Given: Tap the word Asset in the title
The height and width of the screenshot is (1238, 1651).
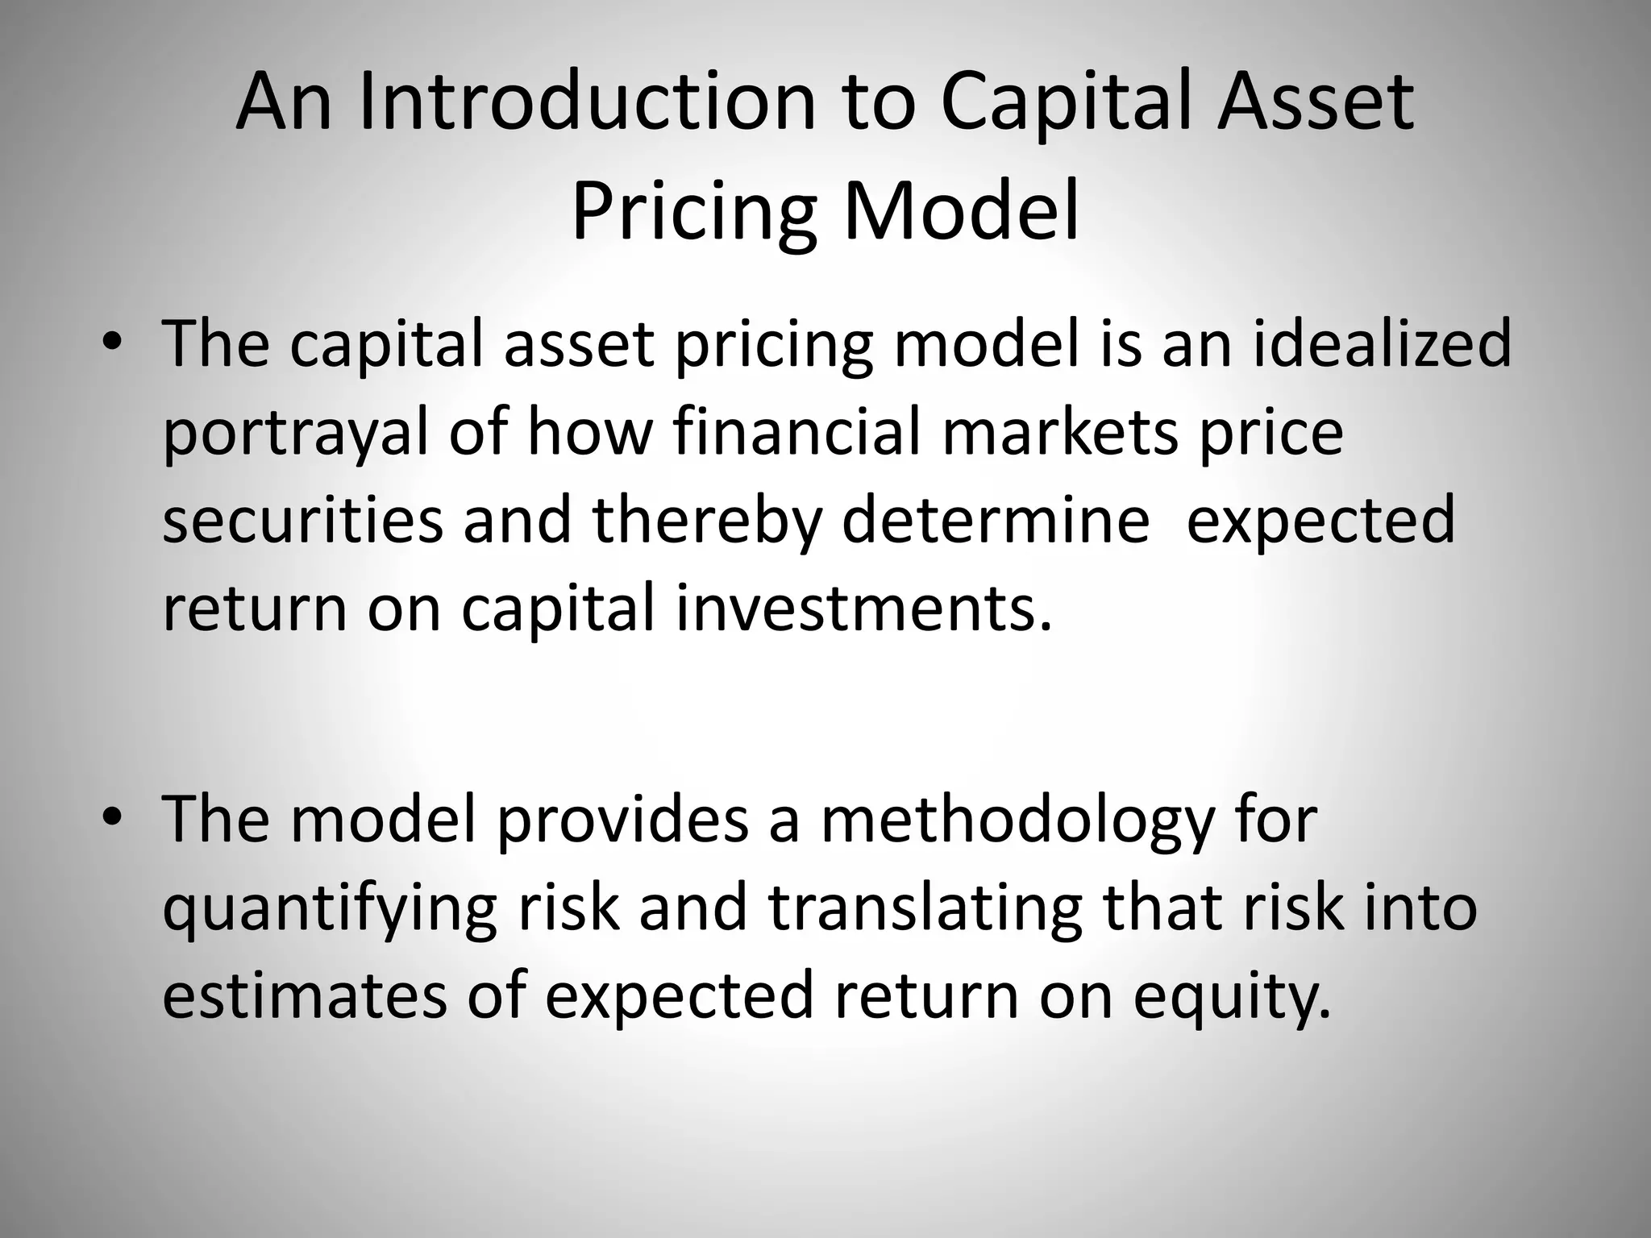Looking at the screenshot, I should (1314, 102).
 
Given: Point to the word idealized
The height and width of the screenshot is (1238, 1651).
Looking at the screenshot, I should (1382, 344).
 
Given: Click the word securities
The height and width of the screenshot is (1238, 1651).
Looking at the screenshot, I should (302, 520).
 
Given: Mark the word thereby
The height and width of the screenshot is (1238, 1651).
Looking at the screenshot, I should (707, 520).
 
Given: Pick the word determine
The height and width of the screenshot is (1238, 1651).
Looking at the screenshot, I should (996, 520).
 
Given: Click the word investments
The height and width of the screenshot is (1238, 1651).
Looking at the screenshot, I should (863, 608).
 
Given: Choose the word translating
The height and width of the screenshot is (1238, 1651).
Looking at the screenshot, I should (924, 908).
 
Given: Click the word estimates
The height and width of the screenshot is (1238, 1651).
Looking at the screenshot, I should (304, 995).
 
